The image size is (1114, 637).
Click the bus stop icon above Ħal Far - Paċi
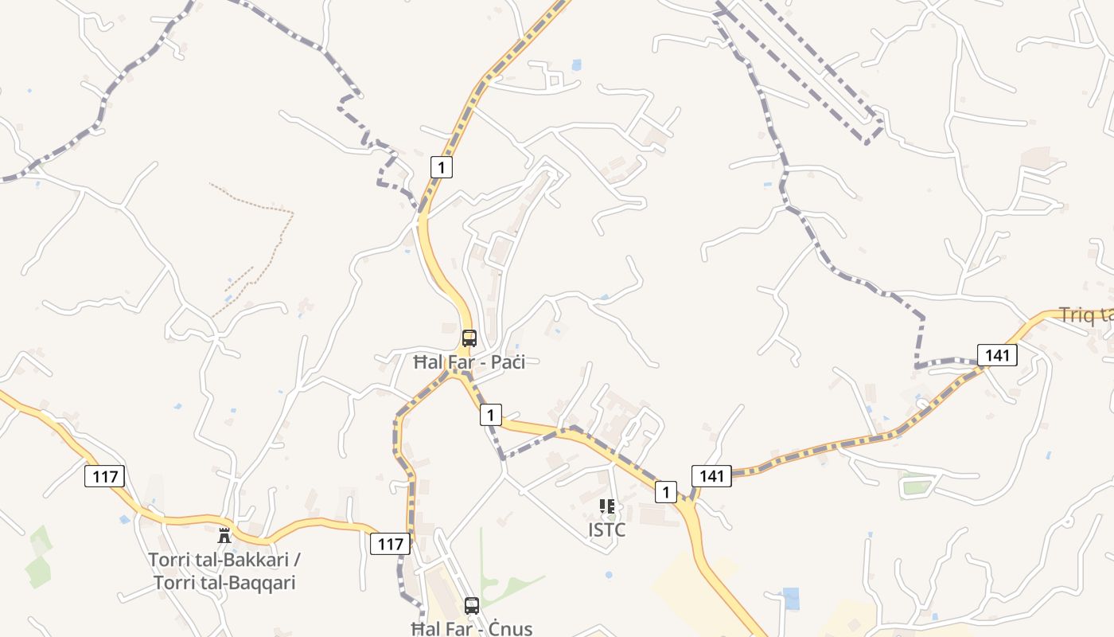coord(469,338)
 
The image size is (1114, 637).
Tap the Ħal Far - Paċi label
coord(469,362)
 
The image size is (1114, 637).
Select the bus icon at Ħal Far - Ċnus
coord(472,606)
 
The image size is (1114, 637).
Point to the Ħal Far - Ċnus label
coord(472,628)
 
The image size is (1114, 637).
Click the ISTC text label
coord(606,530)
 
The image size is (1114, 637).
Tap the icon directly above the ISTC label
coord(607,506)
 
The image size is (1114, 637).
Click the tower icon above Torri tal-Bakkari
coord(224,534)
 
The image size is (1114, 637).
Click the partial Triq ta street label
coord(1087,315)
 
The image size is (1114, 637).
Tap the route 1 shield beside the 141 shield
coord(666,492)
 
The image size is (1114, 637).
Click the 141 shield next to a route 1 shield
coord(711,476)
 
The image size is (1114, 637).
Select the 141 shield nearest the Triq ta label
coord(997,354)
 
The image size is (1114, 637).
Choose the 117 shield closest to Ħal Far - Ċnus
coord(390,544)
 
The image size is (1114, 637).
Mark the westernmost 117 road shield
coord(104,477)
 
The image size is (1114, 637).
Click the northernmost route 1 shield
coord(442,167)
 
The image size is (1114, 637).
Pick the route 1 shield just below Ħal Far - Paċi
coord(491,415)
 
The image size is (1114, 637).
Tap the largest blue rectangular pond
coord(791,598)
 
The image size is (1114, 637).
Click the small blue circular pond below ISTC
coord(609,574)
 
